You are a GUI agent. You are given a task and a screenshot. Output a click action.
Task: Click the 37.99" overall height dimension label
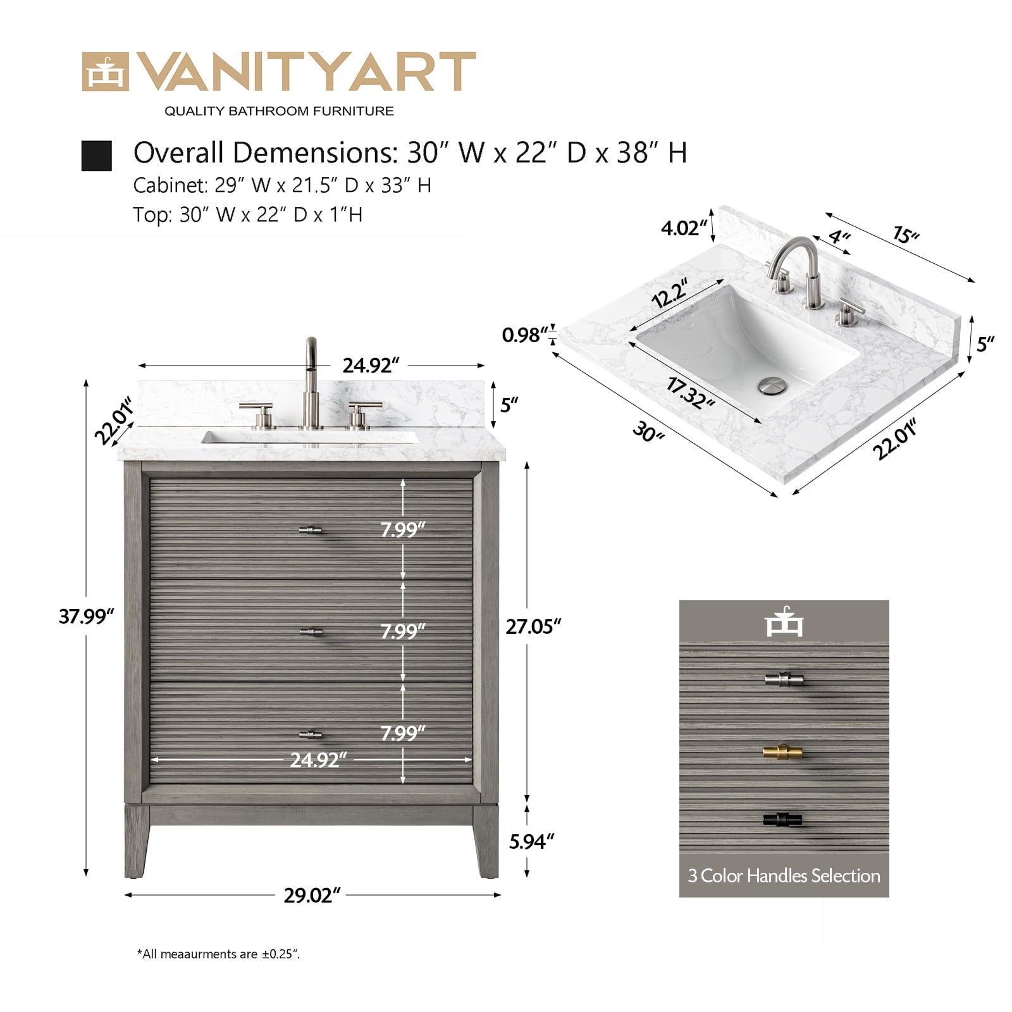click(86, 616)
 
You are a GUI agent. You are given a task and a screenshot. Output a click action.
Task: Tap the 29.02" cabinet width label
click(312, 896)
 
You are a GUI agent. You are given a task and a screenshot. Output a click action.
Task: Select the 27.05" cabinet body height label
click(533, 626)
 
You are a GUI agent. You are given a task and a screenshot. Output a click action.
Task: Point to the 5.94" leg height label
click(532, 841)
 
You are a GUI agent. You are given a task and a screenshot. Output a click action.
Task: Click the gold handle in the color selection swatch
click(782, 752)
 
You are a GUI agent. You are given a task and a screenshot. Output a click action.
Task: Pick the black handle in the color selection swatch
click(782, 820)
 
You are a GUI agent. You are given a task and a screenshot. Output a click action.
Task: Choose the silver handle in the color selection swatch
click(783, 680)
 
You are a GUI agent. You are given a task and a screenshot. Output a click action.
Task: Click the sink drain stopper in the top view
click(771, 385)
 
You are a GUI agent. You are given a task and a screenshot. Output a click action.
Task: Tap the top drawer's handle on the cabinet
click(310, 530)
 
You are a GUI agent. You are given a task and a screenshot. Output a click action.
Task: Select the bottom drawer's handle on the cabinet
click(310, 734)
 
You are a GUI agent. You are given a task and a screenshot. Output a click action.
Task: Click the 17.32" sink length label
click(691, 393)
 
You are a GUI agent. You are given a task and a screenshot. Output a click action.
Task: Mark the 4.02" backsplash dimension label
click(684, 228)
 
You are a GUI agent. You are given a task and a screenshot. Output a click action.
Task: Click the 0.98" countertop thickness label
click(524, 335)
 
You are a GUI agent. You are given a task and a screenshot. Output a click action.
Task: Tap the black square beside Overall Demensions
click(97, 156)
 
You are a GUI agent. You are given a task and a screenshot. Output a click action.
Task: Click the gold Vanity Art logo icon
click(105, 72)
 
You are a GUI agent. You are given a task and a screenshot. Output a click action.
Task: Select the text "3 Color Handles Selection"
click(784, 876)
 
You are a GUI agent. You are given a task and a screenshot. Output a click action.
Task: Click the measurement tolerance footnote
click(218, 954)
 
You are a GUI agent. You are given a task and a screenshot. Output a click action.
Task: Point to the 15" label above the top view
click(905, 235)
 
